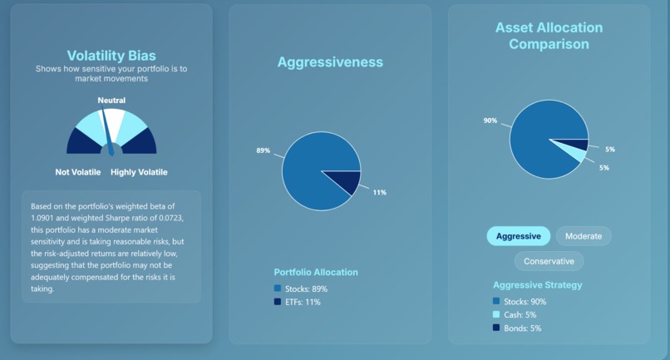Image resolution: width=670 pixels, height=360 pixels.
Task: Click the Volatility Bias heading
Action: pos(111,56)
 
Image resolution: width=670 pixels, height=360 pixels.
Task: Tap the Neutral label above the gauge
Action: pos(111,101)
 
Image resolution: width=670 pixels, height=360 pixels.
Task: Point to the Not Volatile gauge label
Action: pos(78,172)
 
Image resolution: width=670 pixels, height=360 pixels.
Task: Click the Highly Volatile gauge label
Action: pos(139,172)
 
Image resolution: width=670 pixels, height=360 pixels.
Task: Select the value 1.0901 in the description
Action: pos(46,216)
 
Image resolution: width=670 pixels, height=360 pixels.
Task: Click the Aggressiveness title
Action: pos(330,62)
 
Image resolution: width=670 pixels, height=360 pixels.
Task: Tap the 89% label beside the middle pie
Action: pos(264,150)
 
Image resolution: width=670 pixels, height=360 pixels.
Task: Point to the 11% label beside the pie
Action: pos(379,192)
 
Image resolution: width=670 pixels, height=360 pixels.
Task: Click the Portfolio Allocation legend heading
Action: pos(316,272)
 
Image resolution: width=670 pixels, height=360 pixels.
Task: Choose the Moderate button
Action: pos(583,236)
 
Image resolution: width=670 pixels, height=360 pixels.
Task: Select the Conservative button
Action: pos(549,261)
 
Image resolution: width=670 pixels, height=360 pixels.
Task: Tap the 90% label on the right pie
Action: pos(490,121)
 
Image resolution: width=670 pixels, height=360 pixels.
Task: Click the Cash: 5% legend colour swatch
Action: pos(496,315)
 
